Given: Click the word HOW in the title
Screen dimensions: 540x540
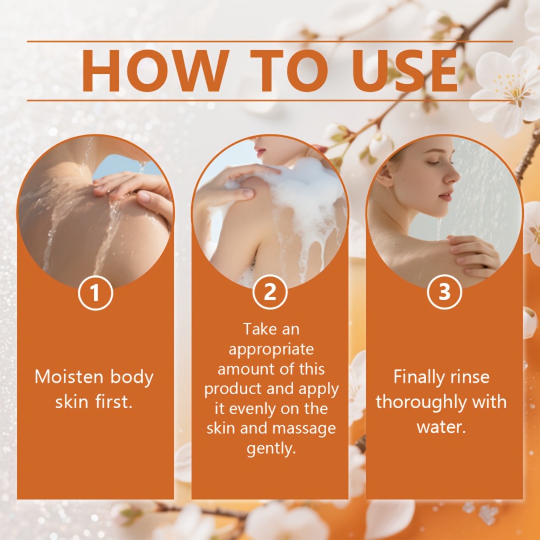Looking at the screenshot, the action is [156, 71].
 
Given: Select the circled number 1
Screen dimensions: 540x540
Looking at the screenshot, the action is [96, 292].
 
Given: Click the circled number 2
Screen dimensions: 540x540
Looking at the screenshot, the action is [270, 292].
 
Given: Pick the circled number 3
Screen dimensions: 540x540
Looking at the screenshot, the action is [444, 292].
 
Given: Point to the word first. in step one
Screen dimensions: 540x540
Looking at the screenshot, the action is [114, 402].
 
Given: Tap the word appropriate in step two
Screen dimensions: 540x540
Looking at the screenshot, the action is [271, 350].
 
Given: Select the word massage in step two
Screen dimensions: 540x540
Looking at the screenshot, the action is [303, 429].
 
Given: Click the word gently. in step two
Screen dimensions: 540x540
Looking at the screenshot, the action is [272, 449].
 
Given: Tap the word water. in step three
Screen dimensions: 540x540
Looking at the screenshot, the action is [441, 427].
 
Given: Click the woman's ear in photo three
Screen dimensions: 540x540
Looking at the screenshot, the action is [386, 176].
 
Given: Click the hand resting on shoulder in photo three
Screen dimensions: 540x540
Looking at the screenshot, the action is [474, 255].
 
